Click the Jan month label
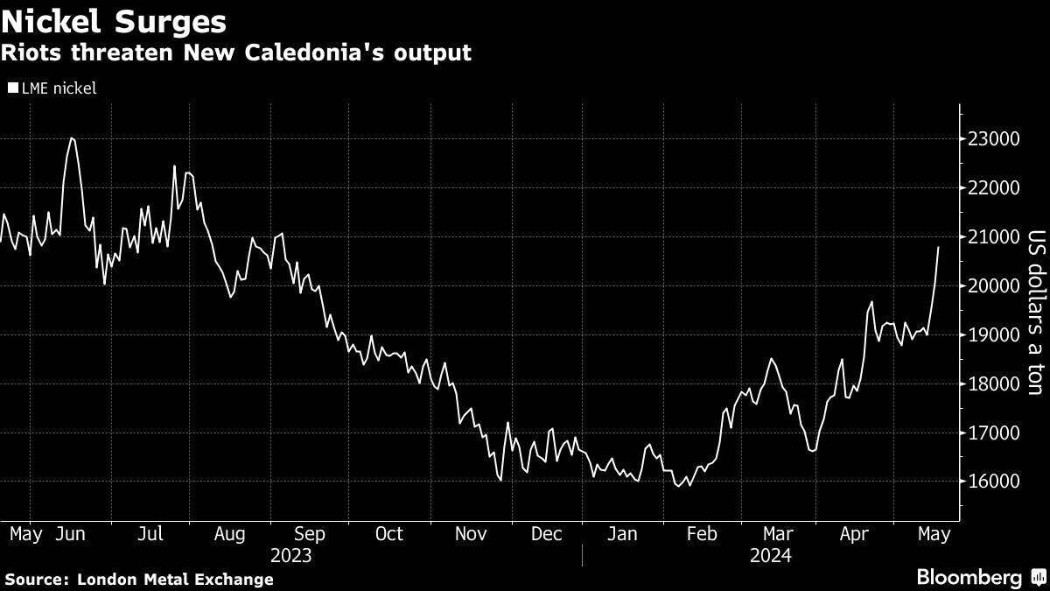pos(623,533)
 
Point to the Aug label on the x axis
pos(229,533)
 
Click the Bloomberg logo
pos(969,578)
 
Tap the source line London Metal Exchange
pos(138,579)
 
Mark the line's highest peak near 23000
pos(72,138)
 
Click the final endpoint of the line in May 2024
pos(939,248)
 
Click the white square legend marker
pos(12,88)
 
